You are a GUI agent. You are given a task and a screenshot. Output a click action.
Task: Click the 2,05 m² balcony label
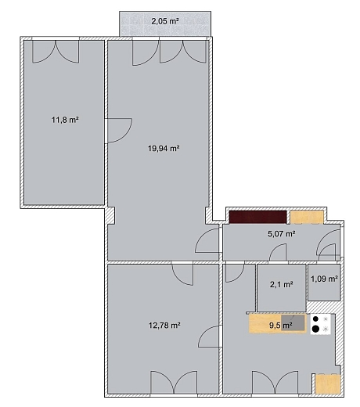point(165,21)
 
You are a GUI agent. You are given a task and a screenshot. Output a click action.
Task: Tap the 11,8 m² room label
point(65,120)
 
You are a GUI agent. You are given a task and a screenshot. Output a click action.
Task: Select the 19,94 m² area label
point(164,149)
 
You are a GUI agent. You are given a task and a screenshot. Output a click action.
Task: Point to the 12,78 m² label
point(164,326)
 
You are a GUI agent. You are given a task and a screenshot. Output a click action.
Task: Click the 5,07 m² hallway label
point(282,233)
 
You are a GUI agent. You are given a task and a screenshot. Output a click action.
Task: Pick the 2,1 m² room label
point(281,284)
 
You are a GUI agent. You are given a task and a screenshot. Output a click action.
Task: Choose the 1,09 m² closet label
point(325,279)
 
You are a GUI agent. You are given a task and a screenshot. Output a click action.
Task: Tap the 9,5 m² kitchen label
point(280,326)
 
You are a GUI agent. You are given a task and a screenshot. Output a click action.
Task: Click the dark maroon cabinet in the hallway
point(257,217)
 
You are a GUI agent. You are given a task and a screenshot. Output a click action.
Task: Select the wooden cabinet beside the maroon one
point(307,217)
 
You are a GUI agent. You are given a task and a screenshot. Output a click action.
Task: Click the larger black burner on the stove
point(315,329)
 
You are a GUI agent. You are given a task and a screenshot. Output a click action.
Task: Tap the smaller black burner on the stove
point(315,319)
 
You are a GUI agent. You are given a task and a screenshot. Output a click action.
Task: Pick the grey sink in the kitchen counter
point(293,322)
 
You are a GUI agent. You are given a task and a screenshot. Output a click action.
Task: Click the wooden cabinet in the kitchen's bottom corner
point(328,384)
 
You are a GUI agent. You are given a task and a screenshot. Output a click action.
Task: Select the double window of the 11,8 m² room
point(56,52)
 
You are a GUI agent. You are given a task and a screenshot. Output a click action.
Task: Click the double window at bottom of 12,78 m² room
point(174,382)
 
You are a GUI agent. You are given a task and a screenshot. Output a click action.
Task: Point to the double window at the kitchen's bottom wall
point(275,382)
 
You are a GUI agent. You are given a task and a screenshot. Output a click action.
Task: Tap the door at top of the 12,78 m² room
point(182,275)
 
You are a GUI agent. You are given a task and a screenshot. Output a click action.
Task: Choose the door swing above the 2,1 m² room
point(278,252)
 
